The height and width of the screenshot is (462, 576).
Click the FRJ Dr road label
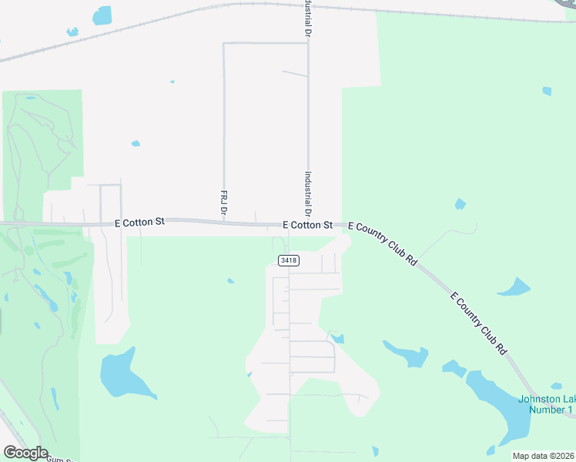223,203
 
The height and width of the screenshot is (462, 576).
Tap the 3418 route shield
289,260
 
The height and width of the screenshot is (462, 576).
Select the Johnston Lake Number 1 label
546,404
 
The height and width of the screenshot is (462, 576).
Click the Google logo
25,453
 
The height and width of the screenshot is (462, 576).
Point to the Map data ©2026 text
543,456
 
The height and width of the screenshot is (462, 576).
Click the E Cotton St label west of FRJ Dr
139,222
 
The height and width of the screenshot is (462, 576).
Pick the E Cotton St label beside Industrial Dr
307,226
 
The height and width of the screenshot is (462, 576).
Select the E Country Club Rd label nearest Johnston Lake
479,323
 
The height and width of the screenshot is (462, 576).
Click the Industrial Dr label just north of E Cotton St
308,193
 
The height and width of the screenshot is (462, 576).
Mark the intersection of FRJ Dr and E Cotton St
224,223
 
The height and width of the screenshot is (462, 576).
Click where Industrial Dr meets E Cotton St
309,225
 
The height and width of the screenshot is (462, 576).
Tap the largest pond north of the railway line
102,15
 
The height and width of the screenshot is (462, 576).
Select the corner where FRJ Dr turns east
224,43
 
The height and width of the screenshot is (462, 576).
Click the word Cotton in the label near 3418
307,226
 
